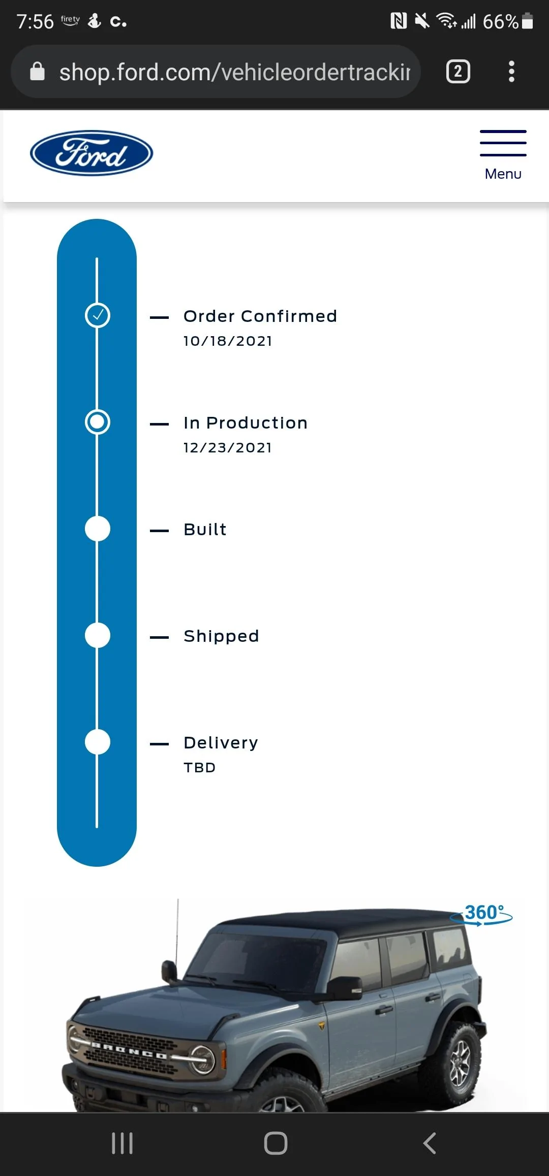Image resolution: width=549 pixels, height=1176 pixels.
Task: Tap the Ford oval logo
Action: click(91, 153)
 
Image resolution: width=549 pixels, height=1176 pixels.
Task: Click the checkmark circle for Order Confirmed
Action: click(97, 315)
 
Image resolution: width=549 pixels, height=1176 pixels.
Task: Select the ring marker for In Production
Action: click(97, 422)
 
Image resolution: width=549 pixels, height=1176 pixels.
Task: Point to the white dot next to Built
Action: click(97, 529)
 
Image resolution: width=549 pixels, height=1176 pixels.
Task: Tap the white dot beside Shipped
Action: click(97, 635)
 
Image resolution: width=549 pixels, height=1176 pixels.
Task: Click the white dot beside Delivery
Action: click(97, 742)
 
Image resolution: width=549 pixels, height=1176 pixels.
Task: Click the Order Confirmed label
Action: click(260, 316)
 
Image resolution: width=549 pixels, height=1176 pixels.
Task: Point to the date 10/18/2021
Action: click(228, 341)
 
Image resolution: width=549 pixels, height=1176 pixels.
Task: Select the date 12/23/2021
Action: click(228, 447)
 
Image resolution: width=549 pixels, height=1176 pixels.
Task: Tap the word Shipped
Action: click(221, 636)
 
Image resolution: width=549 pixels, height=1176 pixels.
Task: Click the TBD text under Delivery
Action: click(200, 767)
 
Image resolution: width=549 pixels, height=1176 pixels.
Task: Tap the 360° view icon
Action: click(481, 914)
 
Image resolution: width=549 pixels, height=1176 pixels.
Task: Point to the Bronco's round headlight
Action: click(202, 1060)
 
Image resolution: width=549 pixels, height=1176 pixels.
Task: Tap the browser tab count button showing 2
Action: click(458, 72)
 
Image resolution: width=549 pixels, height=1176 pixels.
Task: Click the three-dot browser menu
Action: click(512, 72)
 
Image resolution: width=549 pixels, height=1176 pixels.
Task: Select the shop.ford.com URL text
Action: click(235, 72)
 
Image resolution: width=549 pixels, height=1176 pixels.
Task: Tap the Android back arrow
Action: click(430, 1144)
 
